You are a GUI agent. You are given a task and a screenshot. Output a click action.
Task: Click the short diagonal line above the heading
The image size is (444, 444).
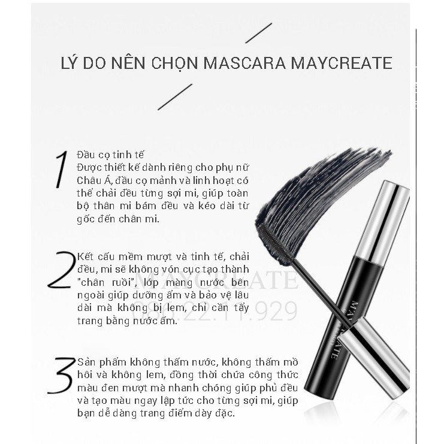(x=259, y=34)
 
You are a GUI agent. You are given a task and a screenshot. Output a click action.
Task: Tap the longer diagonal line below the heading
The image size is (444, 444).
(x=175, y=97)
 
